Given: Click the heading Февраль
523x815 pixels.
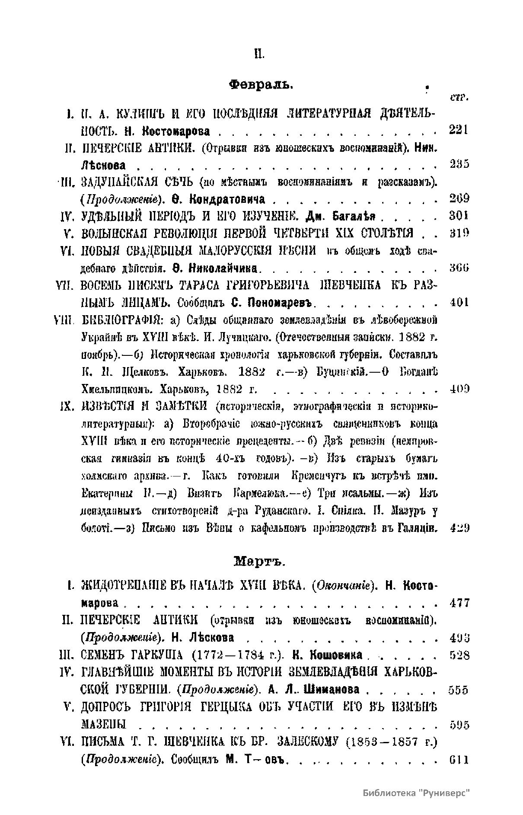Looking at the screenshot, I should coord(261,84).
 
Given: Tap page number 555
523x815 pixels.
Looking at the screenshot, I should coord(459,690).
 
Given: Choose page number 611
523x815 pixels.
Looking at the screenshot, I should coord(459,759).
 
